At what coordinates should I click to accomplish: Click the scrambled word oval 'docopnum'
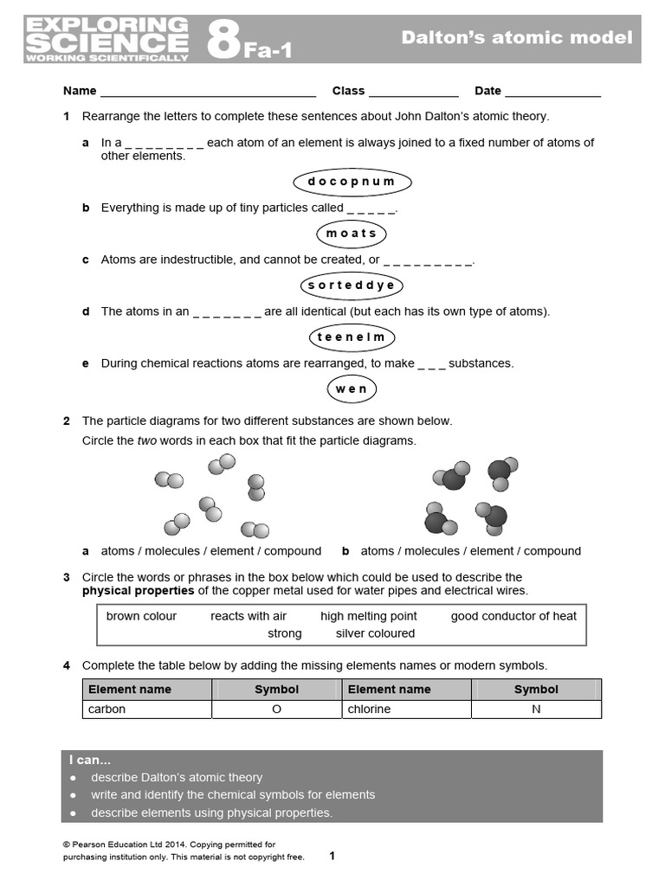[x=352, y=182]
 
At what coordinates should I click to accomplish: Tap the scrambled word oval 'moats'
[x=352, y=234]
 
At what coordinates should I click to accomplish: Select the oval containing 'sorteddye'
[x=352, y=286]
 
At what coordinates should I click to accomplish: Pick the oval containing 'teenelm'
[x=352, y=337]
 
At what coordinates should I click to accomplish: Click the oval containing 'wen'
[x=352, y=389]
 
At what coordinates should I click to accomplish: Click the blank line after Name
[x=208, y=92]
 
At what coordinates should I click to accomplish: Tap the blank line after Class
[x=413, y=92]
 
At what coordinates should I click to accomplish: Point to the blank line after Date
[x=552, y=92]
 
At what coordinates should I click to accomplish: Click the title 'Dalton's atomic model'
[x=517, y=37]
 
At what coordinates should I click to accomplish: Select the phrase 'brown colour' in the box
[x=141, y=616]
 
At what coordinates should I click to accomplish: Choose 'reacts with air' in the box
[x=249, y=616]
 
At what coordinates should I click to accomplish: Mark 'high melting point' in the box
[x=368, y=616]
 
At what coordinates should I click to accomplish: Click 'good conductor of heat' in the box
[x=513, y=616]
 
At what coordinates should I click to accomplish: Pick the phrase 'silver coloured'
[x=375, y=633]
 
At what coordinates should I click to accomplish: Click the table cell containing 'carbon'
[x=147, y=709]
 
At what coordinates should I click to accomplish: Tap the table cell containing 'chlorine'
[x=407, y=709]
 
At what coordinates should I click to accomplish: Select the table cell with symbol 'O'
[x=276, y=709]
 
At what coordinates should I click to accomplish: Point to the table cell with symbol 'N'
[x=536, y=709]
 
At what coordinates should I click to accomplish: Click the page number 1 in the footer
[x=332, y=857]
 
